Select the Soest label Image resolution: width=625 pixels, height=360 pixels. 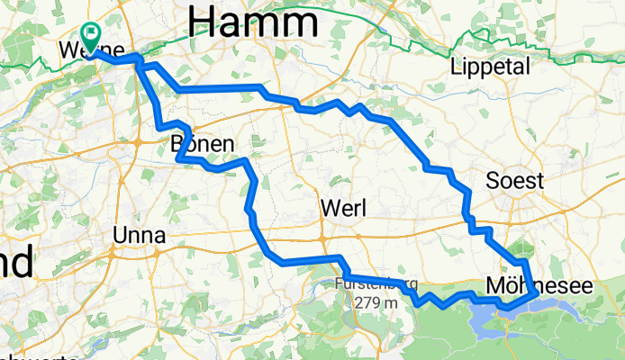click(514, 181)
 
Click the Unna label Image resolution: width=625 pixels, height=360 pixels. click(139, 236)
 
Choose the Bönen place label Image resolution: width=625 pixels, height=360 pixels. click(203, 144)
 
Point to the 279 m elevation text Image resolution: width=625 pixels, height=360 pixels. click(376, 302)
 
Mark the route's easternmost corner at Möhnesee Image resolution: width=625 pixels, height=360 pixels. click(537, 292)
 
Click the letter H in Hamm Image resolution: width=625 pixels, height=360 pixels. click(204, 19)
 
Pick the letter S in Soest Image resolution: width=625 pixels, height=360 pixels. click(493, 181)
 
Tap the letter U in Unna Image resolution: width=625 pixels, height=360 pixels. click(121, 236)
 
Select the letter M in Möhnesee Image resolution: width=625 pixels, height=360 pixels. click(495, 284)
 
